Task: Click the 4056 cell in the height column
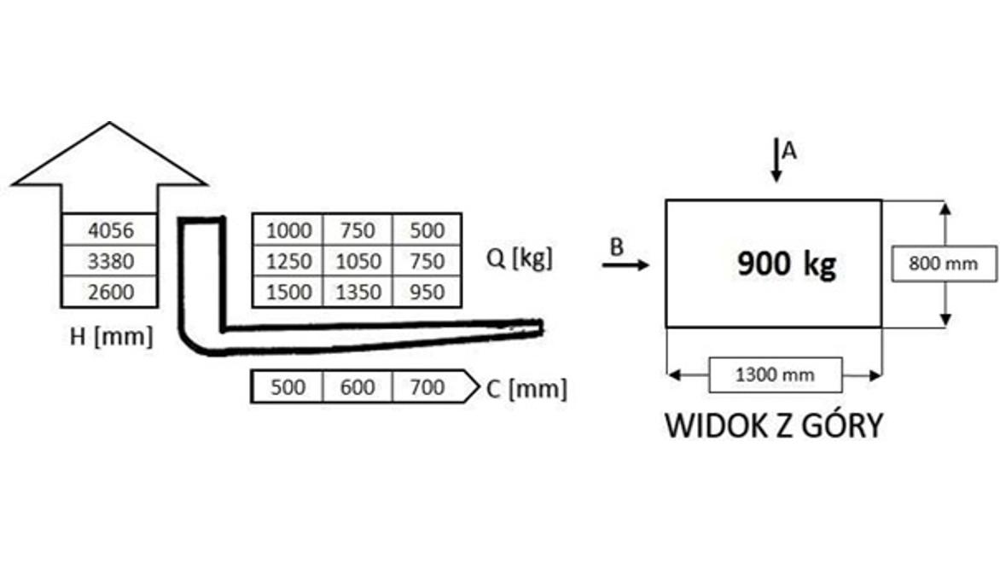(110, 229)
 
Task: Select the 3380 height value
(110, 261)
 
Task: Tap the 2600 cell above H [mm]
(110, 292)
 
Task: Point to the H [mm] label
(112, 336)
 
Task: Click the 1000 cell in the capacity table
(288, 229)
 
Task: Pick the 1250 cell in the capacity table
(288, 261)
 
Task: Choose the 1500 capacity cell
(288, 292)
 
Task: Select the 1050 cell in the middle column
(358, 261)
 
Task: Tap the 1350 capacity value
(358, 292)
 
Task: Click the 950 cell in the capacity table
(427, 292)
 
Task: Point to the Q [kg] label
(519, 258)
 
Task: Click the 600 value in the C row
(358, 387)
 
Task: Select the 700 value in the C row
(427, 387)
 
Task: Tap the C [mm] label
(526, 388)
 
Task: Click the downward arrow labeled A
(776, 160)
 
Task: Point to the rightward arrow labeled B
(625, 264)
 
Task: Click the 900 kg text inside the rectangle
(787, 264)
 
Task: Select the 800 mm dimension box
(943, 264)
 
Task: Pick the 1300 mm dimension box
(775, 374)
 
